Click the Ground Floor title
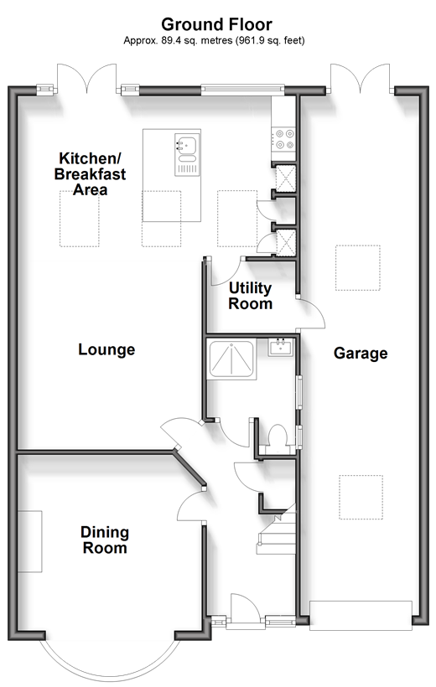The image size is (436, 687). tap(216, 24)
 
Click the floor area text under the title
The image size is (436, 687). tap(214, 41)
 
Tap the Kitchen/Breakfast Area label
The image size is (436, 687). tap(91, 174)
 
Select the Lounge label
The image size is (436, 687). tap(106, 349)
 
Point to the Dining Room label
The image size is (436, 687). tap(105, 540)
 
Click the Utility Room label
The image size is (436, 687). tap(251, 296)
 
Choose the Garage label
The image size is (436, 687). tap(361, 354)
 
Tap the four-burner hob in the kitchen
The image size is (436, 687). tap(283, 139)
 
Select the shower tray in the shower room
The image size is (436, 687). tap(231, 359)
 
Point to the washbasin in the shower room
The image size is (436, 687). tap(281, 347)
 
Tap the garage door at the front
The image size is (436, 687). tap(361, 616)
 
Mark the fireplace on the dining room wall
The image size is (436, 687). tap(30, 541)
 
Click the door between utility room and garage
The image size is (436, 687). tap(312, 313)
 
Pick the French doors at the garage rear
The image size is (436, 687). tap(360, 78)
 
